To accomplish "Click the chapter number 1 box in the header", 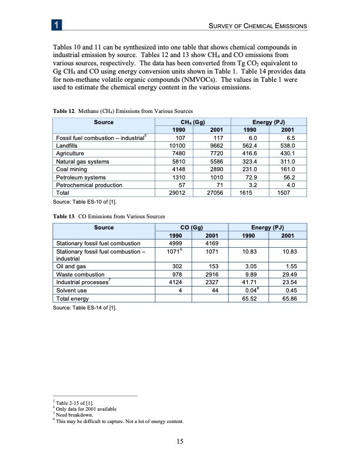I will [x=55, y=25].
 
